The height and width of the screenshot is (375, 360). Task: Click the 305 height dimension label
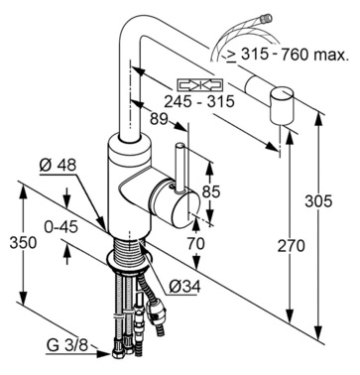coord(318,200)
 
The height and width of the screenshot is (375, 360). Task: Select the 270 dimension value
coord(291,246)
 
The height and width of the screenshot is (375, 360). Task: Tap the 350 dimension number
coord(23,243)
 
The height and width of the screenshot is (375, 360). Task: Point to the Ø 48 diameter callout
coord(58,165)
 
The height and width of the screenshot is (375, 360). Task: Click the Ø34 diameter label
coord(184,287)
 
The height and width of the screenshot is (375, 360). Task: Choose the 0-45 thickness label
coord(61,227)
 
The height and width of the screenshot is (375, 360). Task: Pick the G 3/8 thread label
coord(67,345)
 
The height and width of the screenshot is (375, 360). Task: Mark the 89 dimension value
coord(159,119)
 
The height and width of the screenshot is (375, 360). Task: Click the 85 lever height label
coord(211,191)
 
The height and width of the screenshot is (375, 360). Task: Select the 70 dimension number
coord(196,244)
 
